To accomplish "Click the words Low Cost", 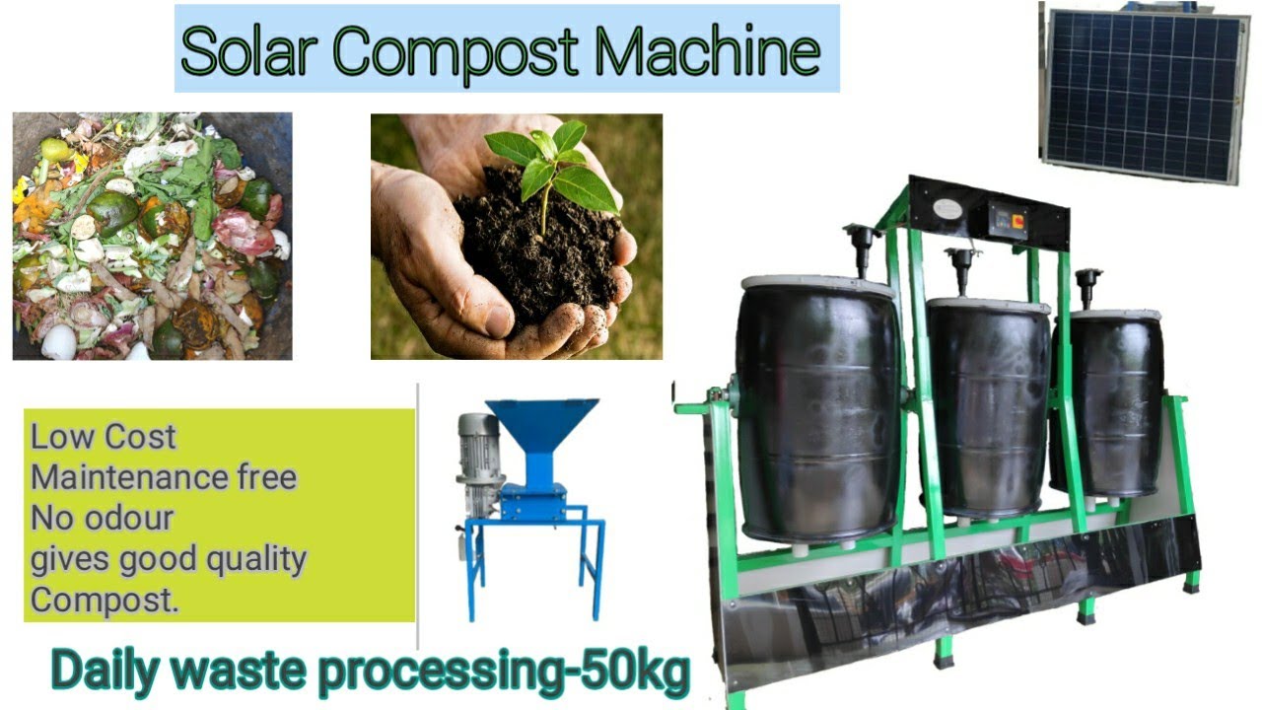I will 104,436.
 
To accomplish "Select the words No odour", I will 103,517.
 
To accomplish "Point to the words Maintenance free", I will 164,476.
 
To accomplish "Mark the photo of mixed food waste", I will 152,236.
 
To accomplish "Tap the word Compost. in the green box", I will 105,599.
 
